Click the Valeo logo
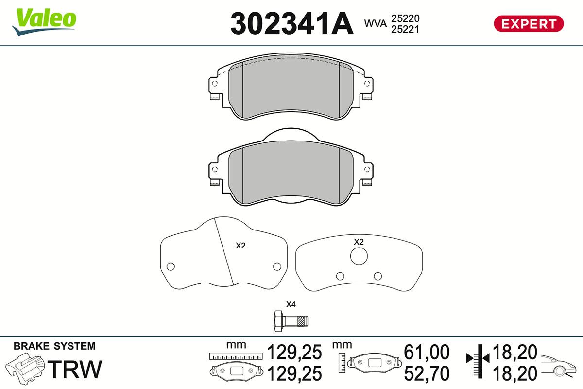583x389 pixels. coord(44,22)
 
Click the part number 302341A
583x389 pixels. coord(292,23)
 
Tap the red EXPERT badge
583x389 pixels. coord(529,24)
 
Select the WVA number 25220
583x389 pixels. coord(405,18)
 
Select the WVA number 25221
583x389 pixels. coord(405,29)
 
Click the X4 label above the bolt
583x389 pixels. coord(291,304)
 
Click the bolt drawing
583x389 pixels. coord(291,321)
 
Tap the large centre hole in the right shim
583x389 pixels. coord(359,256)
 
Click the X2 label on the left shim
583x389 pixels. coord(240,246)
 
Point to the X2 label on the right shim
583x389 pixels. coord(359,242)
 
